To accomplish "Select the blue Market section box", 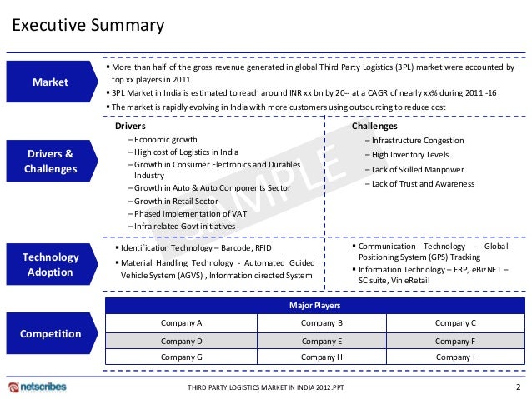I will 51,82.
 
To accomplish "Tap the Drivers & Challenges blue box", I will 51,162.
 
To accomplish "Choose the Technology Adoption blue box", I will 51,265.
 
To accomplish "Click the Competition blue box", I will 51,334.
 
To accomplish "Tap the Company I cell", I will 455,357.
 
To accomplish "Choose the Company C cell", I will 455,322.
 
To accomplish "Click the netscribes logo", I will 37,387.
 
